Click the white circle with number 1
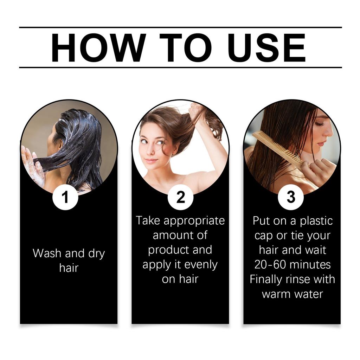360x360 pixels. tap(65, 198)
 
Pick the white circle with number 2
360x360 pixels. tap(180, 198)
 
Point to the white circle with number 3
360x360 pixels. tap(291, 198)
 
